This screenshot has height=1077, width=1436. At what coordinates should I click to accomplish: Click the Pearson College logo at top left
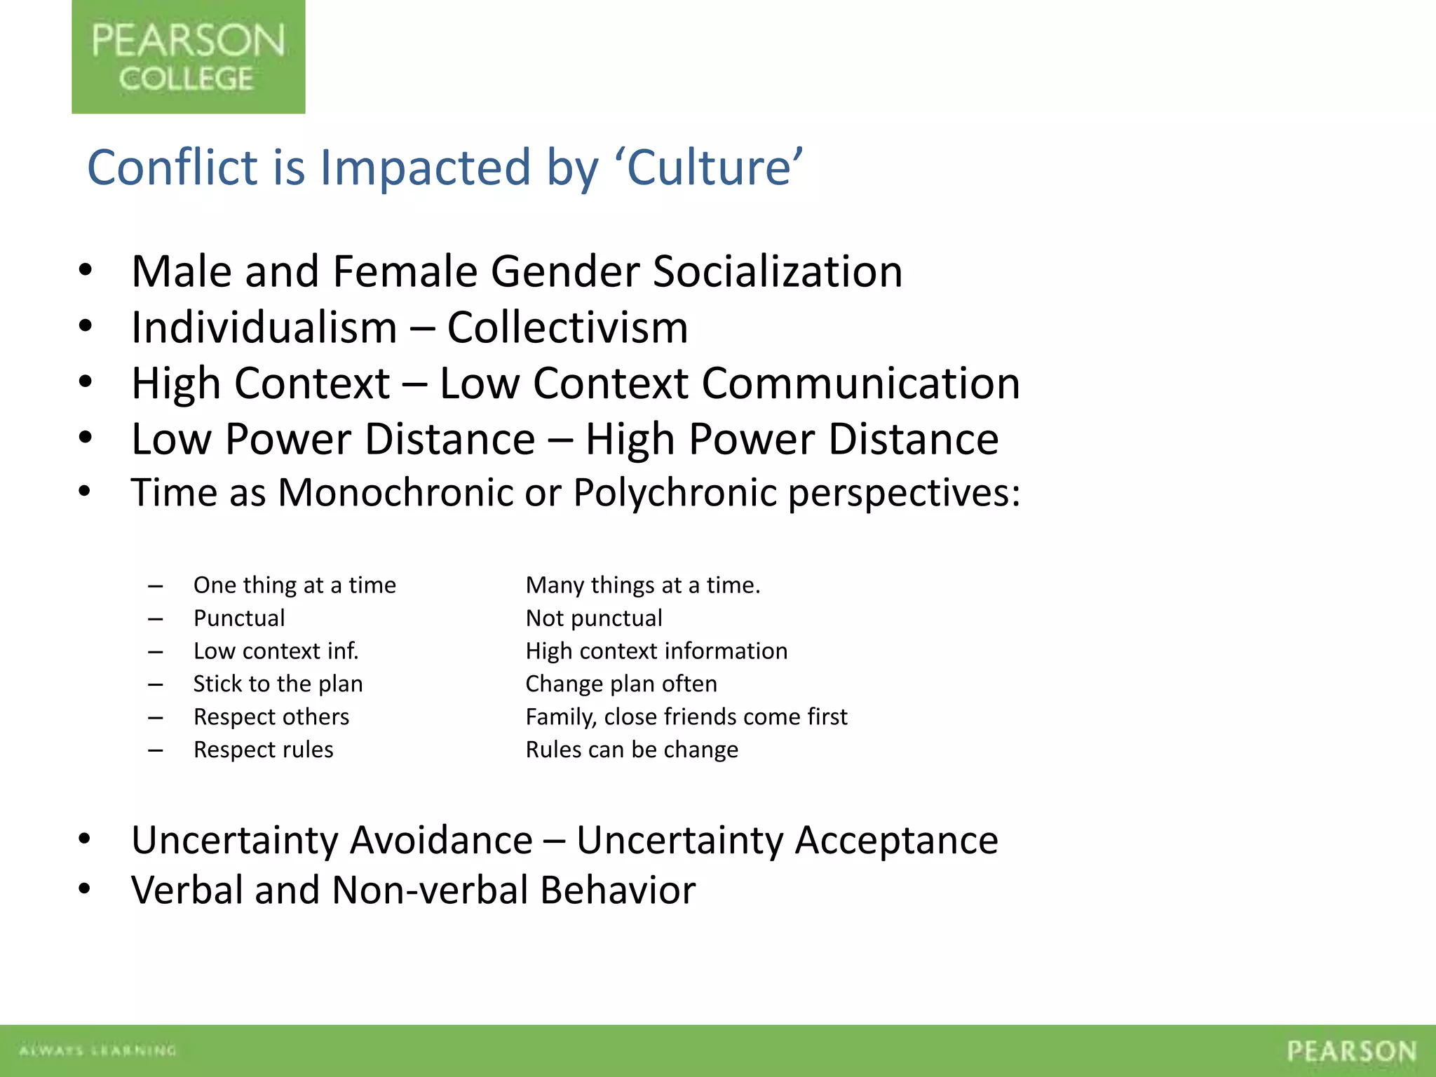(188, 57)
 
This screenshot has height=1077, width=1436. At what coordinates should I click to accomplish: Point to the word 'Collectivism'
(567, 327)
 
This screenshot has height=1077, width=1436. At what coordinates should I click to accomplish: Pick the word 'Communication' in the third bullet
(860, 384)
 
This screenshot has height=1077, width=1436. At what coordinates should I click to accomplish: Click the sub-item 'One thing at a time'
(294, 585)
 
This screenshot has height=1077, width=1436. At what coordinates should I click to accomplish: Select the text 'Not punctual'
(594, 618)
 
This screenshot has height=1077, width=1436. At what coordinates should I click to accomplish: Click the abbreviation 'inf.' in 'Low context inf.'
(341, 651)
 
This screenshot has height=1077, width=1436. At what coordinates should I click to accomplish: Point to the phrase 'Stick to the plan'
(278, 684)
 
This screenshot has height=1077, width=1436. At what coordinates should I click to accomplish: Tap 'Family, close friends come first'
(686, 717)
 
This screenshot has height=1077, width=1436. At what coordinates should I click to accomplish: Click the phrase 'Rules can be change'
(632, 750)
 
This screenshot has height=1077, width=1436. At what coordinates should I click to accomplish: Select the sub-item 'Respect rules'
(264, 750)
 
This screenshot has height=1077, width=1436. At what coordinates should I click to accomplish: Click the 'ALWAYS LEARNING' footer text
(97, 1050)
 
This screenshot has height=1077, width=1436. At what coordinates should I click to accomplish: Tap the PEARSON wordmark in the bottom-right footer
(1351, 1051)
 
